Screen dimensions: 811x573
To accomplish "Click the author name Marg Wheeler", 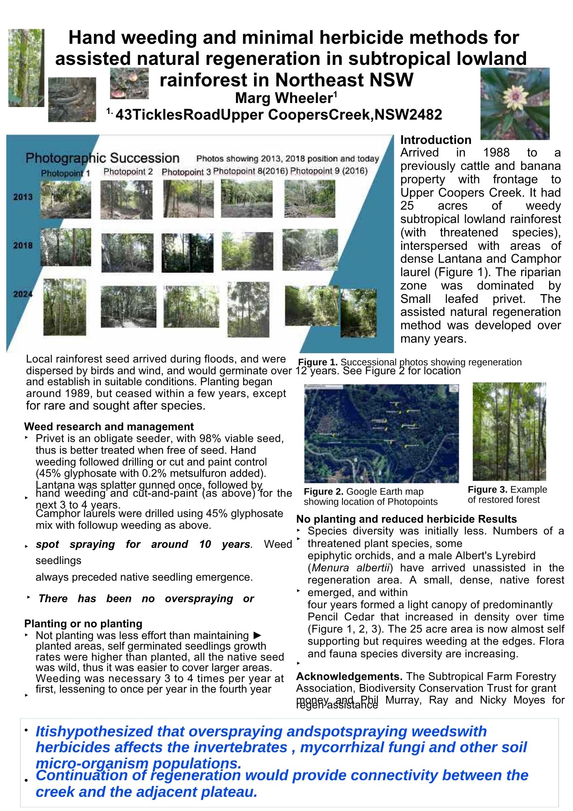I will (284, 98).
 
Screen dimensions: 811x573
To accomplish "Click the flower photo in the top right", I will (515, 104).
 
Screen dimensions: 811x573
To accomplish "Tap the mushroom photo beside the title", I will (129, 84).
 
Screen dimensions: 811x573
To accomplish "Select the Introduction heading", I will (436, 140).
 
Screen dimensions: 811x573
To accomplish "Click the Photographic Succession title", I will (102, 158).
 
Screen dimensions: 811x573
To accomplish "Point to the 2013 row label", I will (23, 197).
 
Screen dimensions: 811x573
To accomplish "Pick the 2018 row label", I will (23, 245).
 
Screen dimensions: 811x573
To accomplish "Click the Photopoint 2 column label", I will (128, 172).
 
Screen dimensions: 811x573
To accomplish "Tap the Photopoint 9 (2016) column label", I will (329, 171).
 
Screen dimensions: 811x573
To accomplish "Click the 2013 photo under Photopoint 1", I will (66, 200).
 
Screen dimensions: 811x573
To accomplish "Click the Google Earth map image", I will (381, 433).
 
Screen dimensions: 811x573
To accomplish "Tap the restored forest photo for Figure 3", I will (509, 431).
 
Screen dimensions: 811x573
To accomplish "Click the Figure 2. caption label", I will (323, 491).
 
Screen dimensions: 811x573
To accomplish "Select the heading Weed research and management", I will (109, 427).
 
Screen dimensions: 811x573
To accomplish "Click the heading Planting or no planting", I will (83, 624).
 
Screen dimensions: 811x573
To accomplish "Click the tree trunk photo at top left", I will (26, 68).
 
